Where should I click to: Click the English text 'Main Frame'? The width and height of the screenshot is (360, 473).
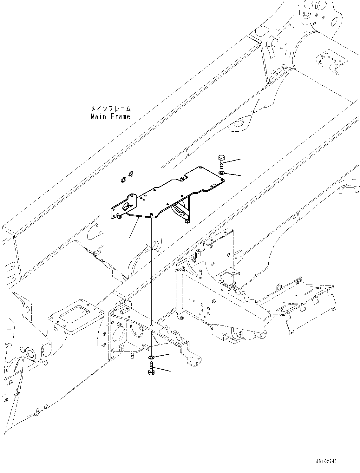110,117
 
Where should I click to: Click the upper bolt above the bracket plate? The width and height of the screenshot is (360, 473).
221,161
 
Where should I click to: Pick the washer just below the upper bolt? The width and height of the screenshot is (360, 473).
221,173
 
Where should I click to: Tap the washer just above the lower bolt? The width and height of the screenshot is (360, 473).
151,358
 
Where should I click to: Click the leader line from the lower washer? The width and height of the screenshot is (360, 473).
162,356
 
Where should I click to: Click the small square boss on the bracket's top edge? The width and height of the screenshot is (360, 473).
182,179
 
